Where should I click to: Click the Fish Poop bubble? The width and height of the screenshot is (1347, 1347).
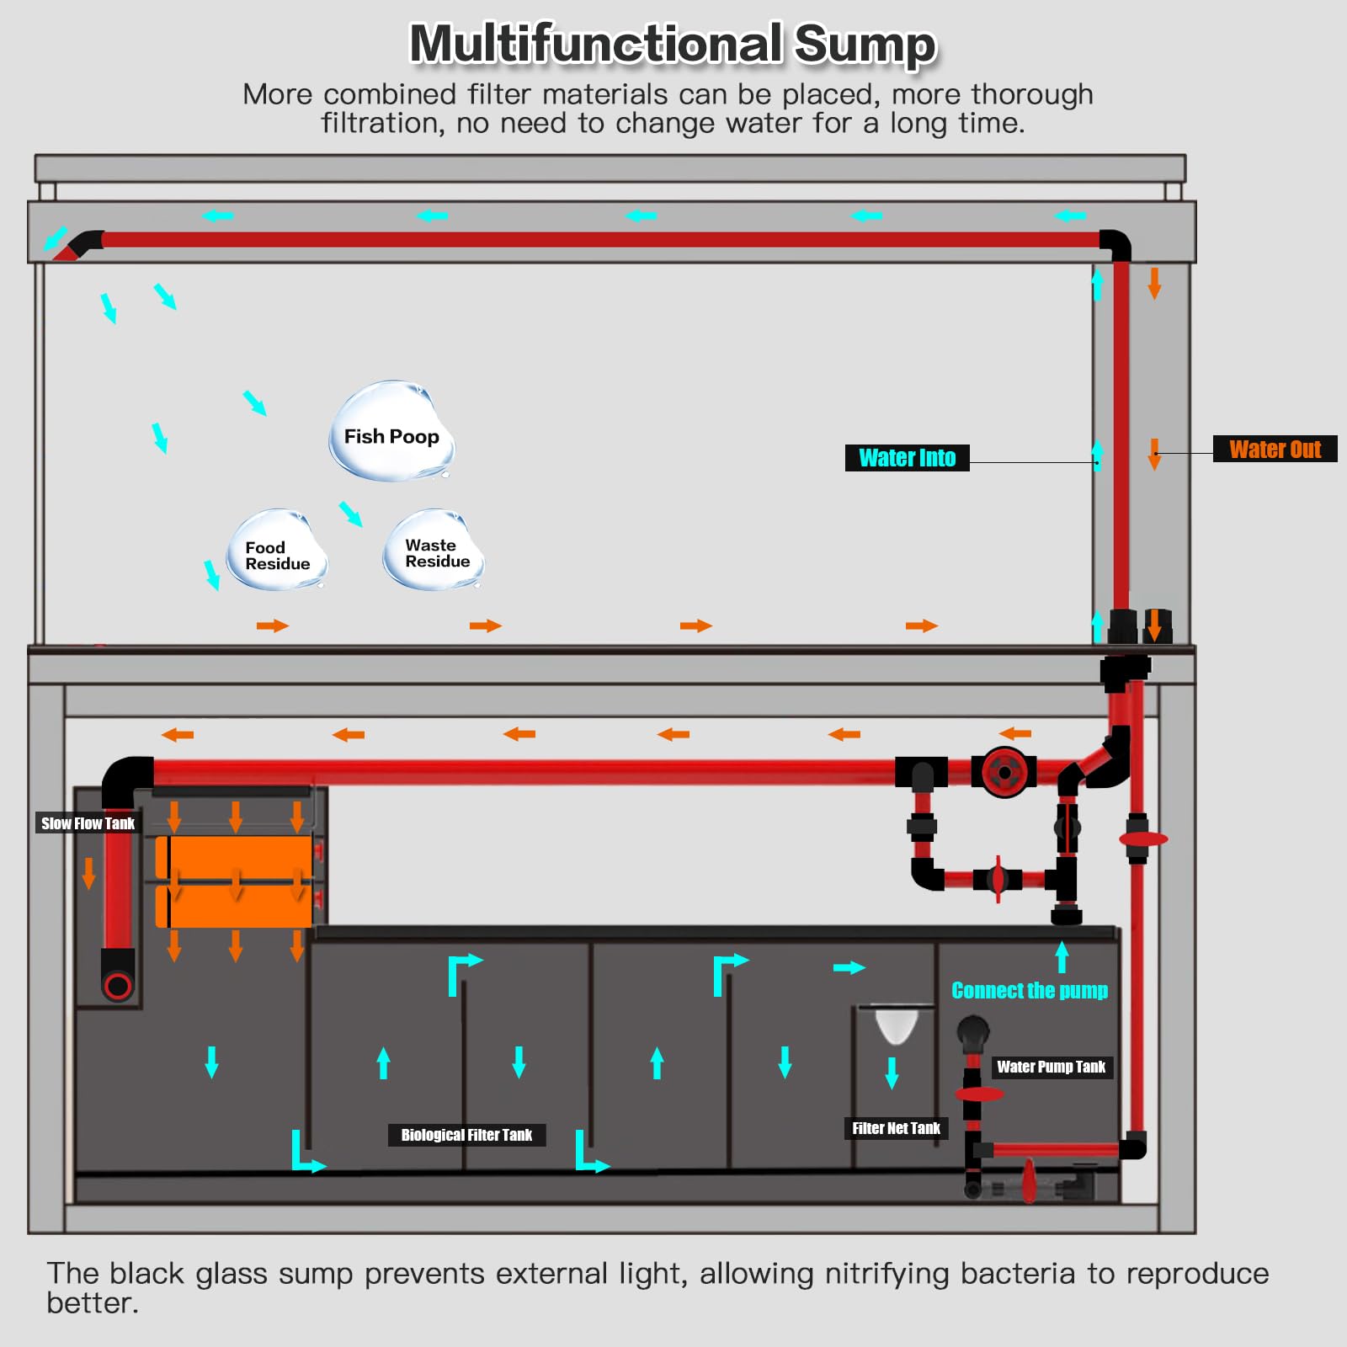tap(391, 434)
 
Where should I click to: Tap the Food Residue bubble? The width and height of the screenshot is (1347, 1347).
tap(277, 552)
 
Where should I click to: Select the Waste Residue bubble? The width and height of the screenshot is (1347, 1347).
tap(434, 551)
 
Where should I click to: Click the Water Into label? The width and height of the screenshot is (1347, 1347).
tap(907, 458)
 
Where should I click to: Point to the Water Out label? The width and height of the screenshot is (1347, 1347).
tap(1275, 449)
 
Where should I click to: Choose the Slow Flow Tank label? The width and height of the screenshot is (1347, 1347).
tap(88, 823)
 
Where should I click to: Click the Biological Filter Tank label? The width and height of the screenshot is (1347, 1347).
tap(466, 1135)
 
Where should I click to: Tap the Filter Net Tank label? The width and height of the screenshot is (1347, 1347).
tap(896, 1128)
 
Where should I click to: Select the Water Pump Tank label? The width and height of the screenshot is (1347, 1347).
tap(1051, 1067)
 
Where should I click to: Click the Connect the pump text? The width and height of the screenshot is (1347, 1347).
tap(1029, 991)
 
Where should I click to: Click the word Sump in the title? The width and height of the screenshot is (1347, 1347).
tap(865, 44)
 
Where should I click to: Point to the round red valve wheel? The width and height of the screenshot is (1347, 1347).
tap(1004, 772)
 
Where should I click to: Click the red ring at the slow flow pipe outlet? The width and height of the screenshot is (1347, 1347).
tap(118, 985)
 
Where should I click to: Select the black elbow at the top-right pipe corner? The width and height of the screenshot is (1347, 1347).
tap(1116, 244)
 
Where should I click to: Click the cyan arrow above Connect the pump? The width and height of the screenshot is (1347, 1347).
tap(1062, 957)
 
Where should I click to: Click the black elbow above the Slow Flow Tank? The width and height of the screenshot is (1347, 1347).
tap(126, 779)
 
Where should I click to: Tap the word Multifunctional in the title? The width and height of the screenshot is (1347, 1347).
tap(596, 44)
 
